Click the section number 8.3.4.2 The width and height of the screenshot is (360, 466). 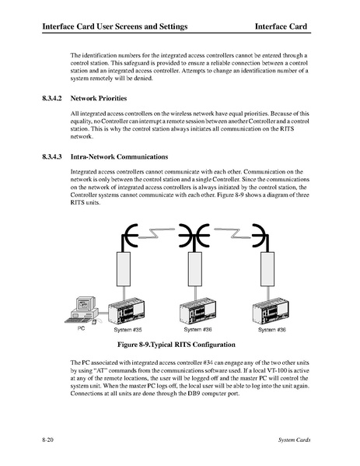coord(52,98)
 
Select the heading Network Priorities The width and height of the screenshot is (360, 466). coord(99,98)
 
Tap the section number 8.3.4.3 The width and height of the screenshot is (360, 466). coord(52,156)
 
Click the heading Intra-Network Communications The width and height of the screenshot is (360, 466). coord(119,156)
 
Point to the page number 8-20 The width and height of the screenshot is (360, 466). coord(48,440)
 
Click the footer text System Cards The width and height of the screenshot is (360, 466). coord(295,440)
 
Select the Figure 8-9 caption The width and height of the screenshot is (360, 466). coord(177,345)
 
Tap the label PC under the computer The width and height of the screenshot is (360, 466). coord(81,328)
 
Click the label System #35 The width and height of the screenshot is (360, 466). coord(128,330)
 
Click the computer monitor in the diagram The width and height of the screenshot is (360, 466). coord(86,303)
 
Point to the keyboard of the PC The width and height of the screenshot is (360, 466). coord(79,321)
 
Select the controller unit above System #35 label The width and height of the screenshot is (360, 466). coord(127,311)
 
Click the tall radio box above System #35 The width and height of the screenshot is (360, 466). coord(124,269)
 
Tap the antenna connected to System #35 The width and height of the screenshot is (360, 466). coord(129,237)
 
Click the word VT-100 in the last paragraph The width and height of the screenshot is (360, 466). coord(299,370)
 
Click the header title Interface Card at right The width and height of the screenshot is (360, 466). coord(281,26)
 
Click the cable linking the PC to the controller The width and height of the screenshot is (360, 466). coord(103,313)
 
